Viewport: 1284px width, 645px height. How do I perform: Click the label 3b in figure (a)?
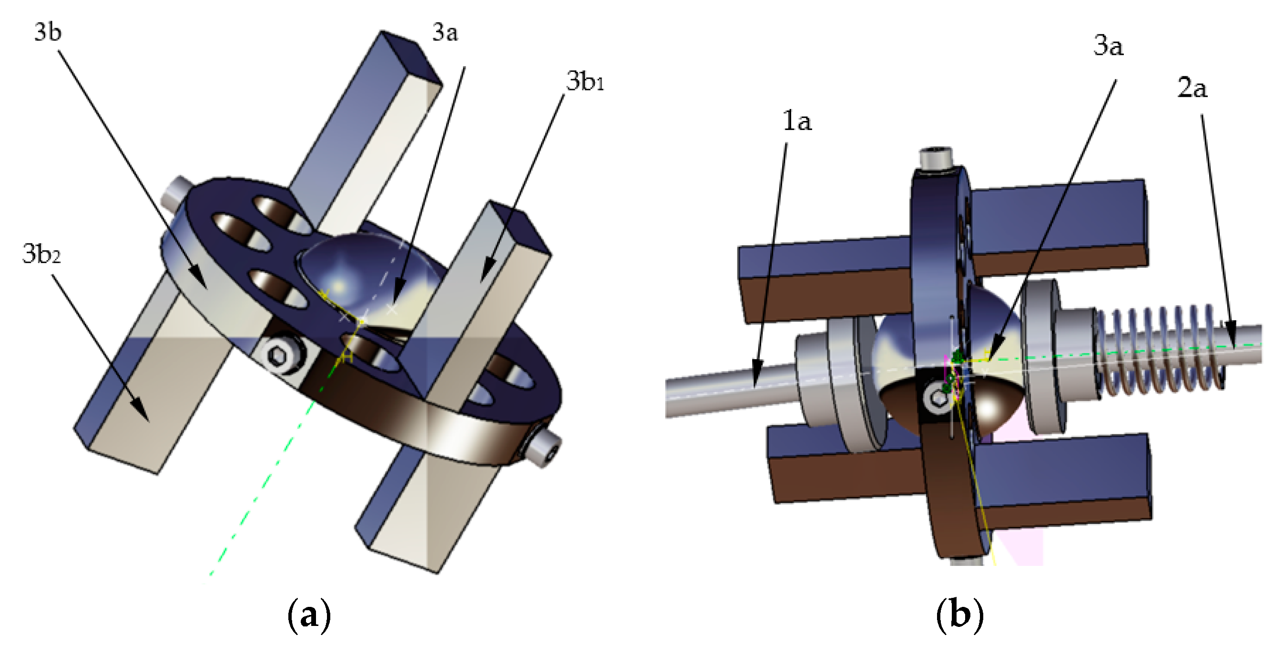[x=47, y=33]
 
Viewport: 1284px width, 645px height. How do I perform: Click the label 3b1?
[x=585, y=81]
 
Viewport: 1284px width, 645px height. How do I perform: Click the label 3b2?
[x=41, y=254]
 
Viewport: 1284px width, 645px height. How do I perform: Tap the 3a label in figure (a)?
[x=445, y=33]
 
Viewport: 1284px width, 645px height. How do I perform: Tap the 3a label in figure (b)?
[x=1108, y=46]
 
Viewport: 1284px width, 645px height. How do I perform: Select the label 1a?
[x=797, y=121]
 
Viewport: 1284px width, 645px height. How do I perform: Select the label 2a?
[x=1192, y=89]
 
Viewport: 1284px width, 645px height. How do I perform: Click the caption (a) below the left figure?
[x=309, y=615]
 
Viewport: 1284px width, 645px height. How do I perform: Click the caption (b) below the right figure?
[x=959, y=615]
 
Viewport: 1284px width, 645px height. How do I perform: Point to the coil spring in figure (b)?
[x=1162, y=349]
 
